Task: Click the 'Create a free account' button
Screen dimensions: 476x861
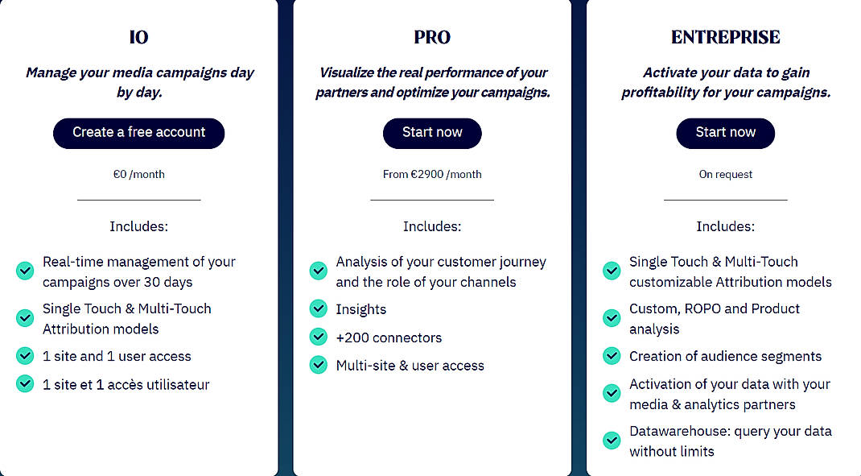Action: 138,133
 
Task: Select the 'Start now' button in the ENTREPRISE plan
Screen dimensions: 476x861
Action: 725,133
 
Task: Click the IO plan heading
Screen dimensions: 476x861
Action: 138,37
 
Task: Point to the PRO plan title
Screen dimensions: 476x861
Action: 432,37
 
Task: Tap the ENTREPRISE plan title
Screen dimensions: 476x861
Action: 725,37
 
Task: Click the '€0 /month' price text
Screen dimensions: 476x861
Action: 138,174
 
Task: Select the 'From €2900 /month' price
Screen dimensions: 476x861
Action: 432,174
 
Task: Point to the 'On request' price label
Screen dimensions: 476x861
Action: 725,174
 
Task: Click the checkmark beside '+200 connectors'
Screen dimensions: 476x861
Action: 319,337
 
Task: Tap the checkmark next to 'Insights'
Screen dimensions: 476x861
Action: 319,309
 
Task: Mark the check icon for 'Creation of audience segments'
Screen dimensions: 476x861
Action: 612,356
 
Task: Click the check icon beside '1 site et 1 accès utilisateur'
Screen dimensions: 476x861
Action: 25,384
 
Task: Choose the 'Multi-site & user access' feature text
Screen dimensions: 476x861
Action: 410,366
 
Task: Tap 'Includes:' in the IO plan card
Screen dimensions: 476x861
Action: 138,226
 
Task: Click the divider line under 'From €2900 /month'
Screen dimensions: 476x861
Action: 432,200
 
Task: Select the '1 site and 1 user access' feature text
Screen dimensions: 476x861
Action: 117,356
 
